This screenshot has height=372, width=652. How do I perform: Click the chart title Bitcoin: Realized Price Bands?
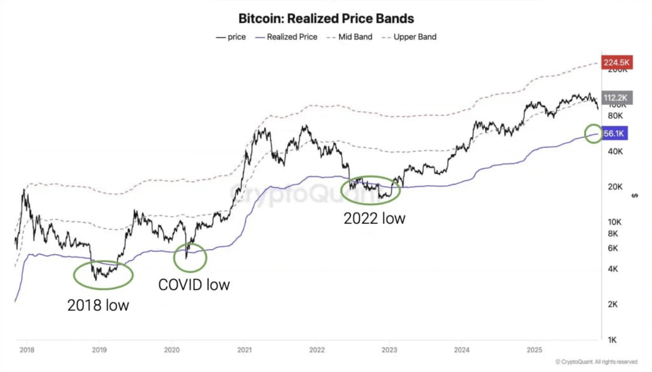click(326, 19)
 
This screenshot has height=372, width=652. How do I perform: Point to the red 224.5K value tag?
click(616, 62)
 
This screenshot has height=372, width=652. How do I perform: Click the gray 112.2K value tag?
click(616, 98)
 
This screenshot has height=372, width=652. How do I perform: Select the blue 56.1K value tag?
click(614, 134)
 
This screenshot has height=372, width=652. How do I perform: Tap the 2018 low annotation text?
click(98, 305)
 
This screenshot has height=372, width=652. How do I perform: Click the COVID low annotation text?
click(194, 285)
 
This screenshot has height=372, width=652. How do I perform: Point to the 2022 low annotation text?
click(374, 219)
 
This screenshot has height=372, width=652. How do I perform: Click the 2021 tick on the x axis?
click(244, 350)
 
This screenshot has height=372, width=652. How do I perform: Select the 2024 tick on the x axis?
click(462, 350)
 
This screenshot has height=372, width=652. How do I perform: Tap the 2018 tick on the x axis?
click(27, 350)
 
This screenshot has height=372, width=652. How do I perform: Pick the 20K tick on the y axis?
click(615, 187)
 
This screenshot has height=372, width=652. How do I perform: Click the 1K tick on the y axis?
click(612, 340)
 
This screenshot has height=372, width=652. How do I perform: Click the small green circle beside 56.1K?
click(593, 134)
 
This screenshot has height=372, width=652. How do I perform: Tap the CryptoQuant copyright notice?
click(596, 362)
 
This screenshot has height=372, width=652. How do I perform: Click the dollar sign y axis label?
click(635, 196)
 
